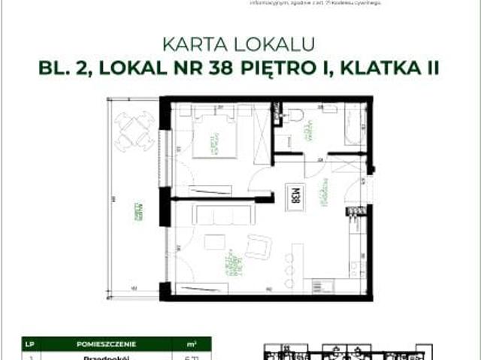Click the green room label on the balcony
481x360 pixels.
click(x=137, y=212)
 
